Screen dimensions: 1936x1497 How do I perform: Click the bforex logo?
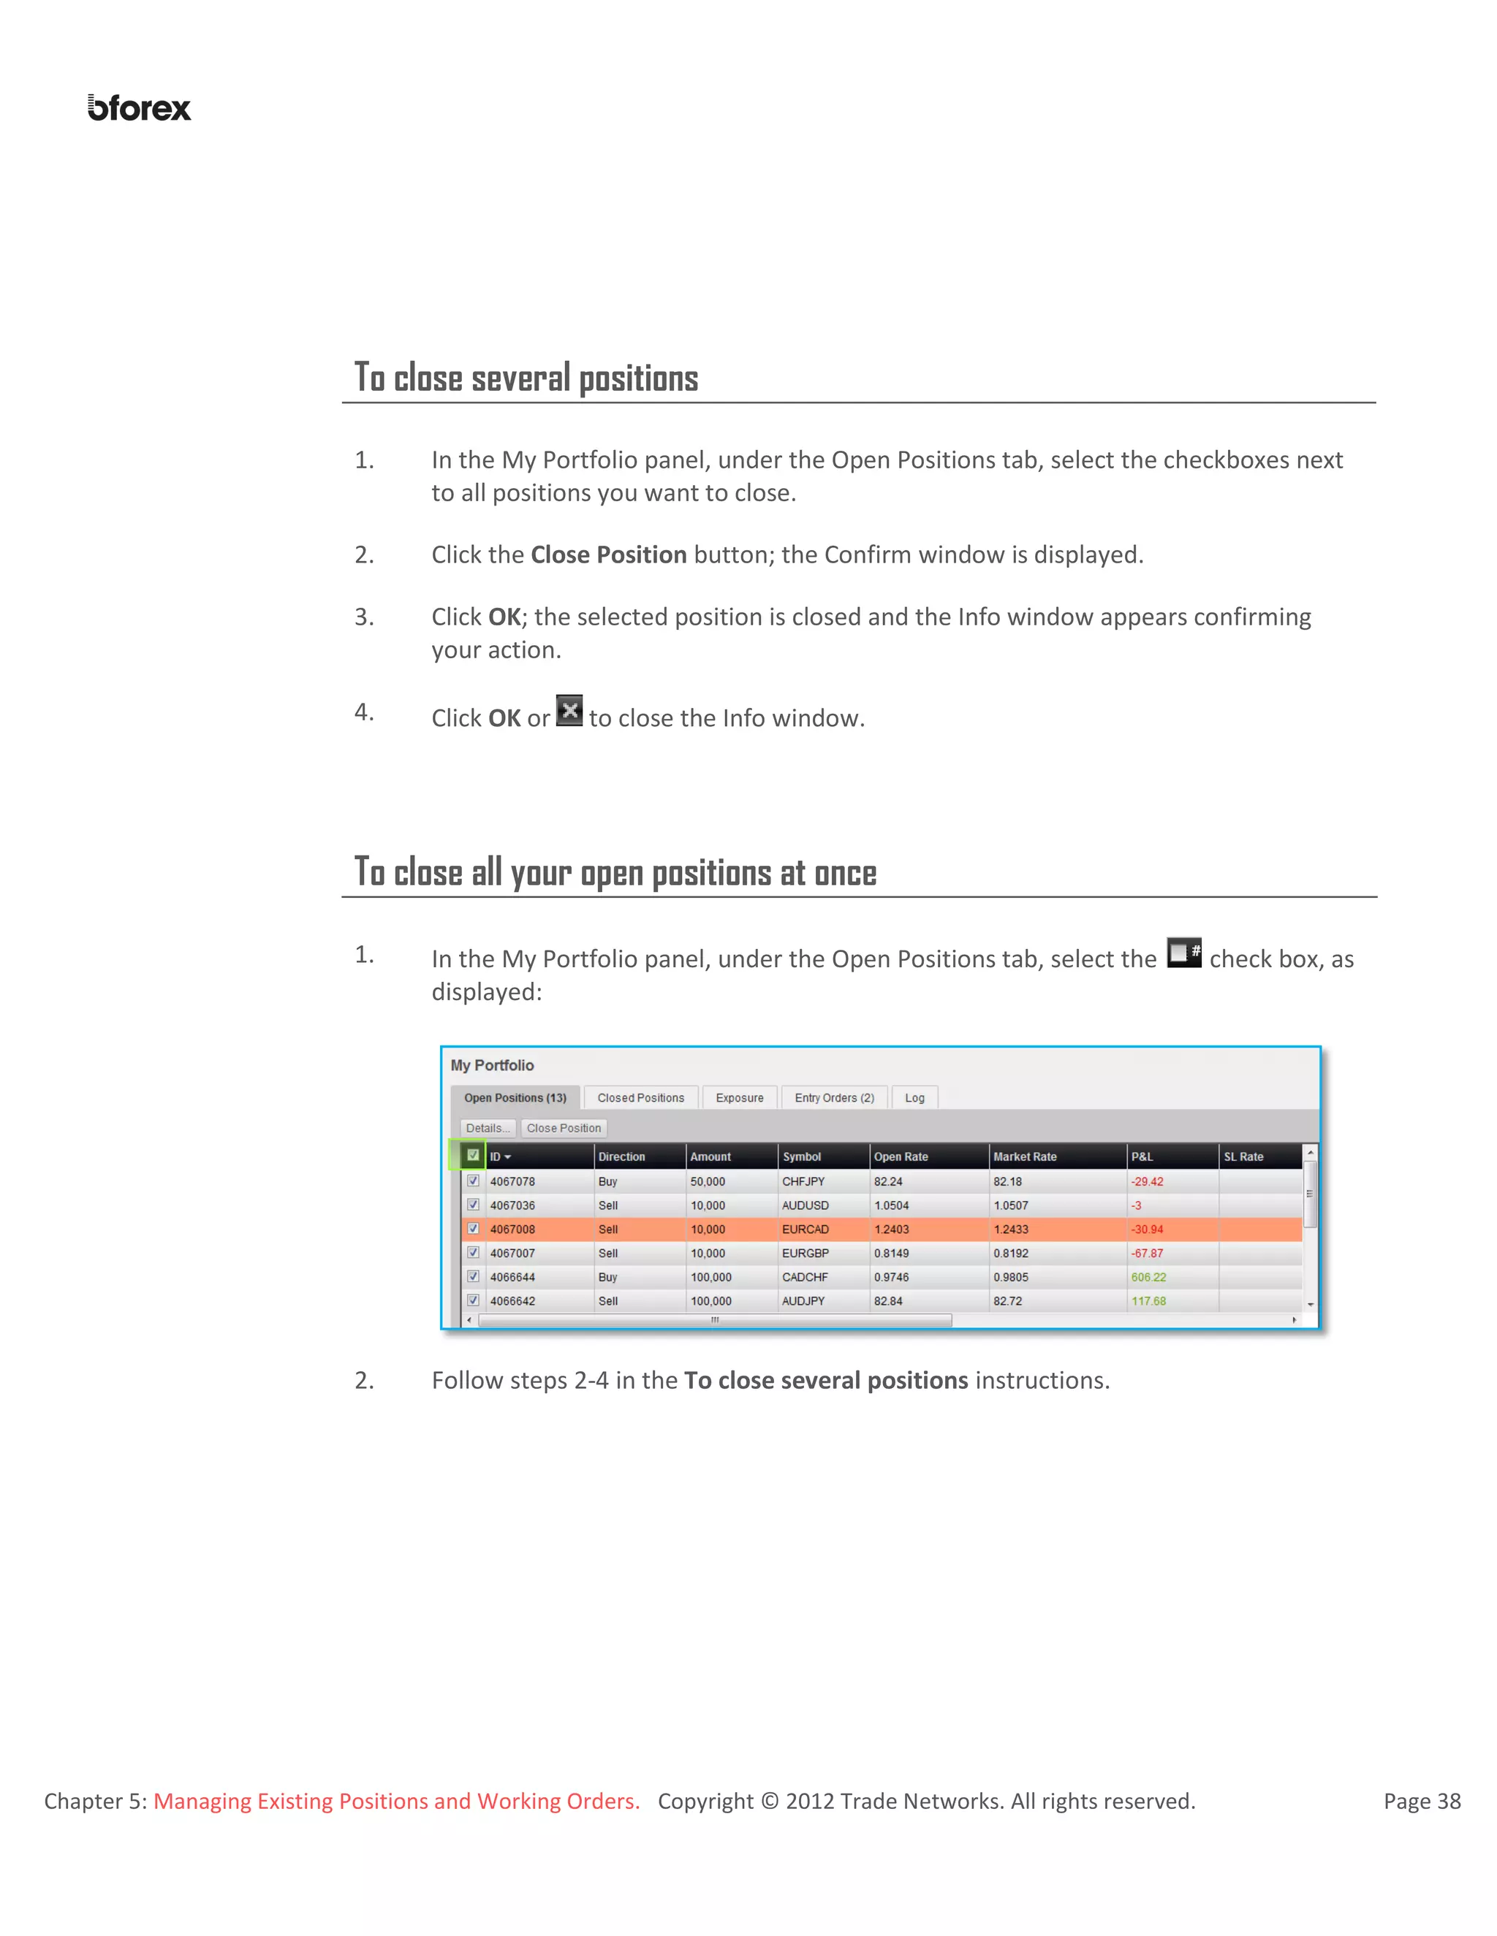[139, 108]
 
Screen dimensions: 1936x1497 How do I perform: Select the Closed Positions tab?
[640, 1097]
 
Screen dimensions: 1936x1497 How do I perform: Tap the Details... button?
[487, 1127]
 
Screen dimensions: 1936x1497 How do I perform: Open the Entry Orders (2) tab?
[833, 1097]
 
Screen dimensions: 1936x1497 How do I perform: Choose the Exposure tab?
[739, 1097]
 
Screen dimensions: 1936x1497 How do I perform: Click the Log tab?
[914, 1097]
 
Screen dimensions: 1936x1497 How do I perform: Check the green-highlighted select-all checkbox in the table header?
[473, 1155]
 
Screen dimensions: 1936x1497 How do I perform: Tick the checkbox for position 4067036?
[473, 1205]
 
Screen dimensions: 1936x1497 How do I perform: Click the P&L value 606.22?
[1148, 1276]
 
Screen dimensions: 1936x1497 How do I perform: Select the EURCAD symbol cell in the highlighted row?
[806, 1229]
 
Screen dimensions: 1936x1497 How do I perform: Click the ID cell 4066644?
[512, 1276]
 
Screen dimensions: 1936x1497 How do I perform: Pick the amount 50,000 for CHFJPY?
[708, 1181]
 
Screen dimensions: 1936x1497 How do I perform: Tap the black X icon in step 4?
[569, 710]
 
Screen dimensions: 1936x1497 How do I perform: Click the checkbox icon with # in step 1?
[1183, 952]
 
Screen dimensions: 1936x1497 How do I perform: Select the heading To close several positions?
[526, 378]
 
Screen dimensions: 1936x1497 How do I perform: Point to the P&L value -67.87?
[1147, 1252]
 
